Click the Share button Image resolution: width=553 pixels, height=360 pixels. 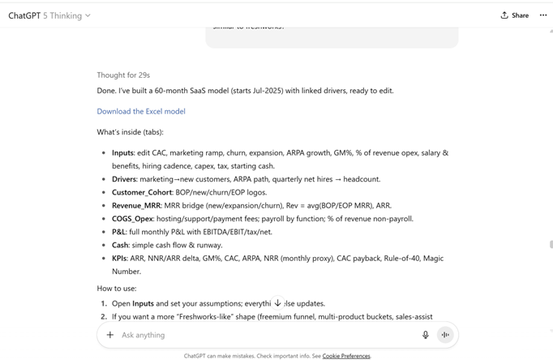click(x=515, y=15)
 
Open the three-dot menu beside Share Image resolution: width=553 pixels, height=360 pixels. click(x=543, y=15)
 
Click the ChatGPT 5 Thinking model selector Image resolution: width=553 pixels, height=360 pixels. click(x=49, y=15)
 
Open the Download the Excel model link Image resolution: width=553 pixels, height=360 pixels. click(x=141, y=111)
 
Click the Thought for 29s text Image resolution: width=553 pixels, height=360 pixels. click(x=123, y=75)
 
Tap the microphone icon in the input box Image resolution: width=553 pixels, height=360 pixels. click(x=425, y=335)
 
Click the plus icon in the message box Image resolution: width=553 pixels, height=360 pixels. click(x=110, y=335)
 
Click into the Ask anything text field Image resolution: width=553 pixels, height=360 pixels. click(x=259, y=335)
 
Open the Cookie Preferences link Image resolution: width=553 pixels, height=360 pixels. click(x=346, y=356)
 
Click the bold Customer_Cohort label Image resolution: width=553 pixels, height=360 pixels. click(x=142, y=192)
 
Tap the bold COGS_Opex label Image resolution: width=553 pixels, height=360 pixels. click(x=133, y=218)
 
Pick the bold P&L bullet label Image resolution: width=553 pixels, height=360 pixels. click(x=119, y=232)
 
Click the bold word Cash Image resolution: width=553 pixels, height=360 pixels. click(x=120, y=245)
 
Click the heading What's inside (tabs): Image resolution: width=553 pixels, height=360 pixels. click(x=130, y=131)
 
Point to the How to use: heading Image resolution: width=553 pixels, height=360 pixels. click(x=117, y=288)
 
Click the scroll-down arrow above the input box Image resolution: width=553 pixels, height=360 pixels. click(x=277, y=303)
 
